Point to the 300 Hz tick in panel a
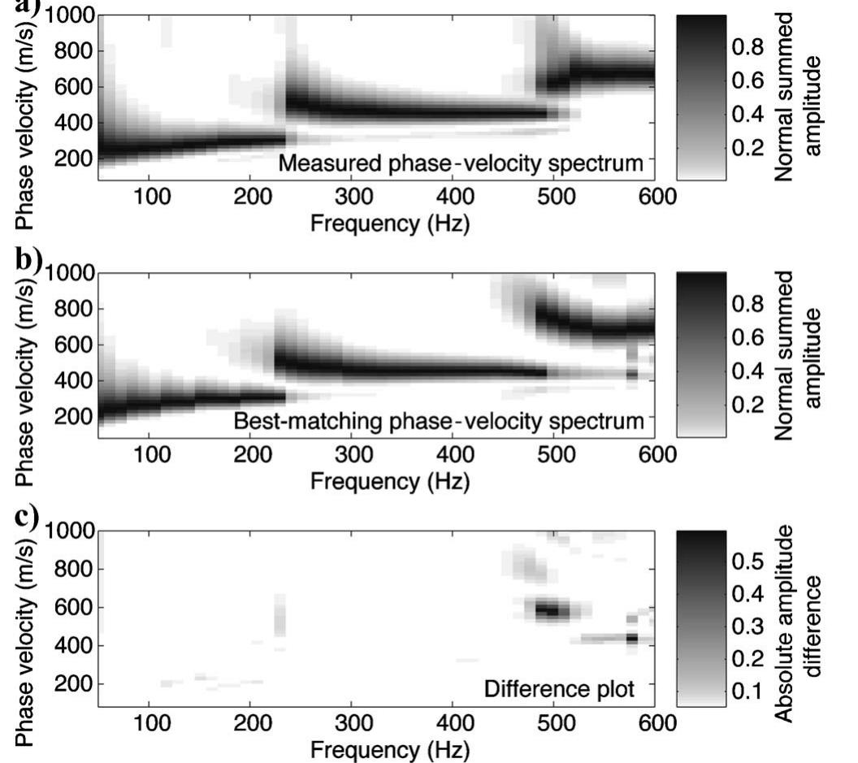click(351, 197)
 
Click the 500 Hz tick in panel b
click(552, 454)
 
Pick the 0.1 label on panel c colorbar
click(748, 691)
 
